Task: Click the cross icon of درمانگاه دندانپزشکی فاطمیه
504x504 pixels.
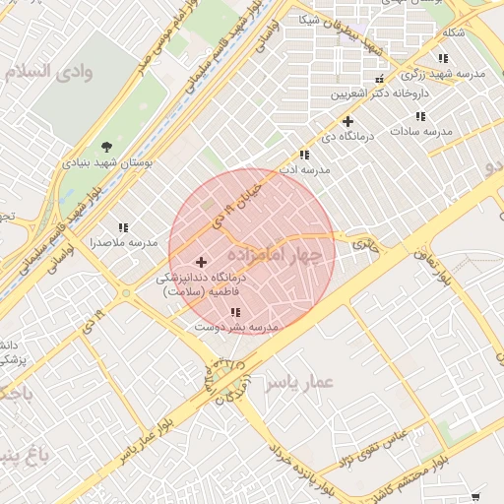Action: pos(202,262)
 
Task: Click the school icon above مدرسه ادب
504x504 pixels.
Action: pos(305,155)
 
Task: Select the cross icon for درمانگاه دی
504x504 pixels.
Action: pos(346,121)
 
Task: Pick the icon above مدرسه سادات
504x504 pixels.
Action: pos(420,116)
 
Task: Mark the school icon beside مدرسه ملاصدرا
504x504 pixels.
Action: pos(123,226)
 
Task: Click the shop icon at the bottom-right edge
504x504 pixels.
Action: pos(477,496)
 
